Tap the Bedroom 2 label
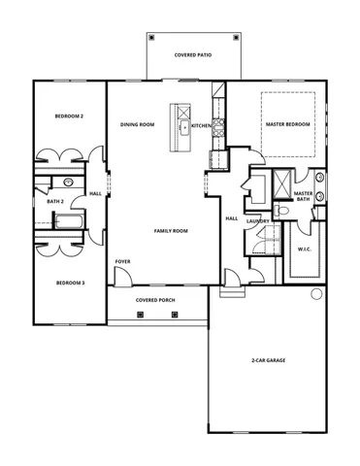pos(68,116)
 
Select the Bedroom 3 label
pos(69,283)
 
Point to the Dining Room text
pos(138,125)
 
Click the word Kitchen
pos(201,125)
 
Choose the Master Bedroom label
pos(288,125)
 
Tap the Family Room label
pos(171,231)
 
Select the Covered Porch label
pos(154,300)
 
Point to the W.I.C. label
pos(304,250)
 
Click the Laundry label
pos(257,221)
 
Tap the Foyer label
pos(122,261)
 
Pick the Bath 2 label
pos(54,201)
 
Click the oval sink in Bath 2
pos(68,182)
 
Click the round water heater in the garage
pos(315,295)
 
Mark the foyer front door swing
pos(121,278)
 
